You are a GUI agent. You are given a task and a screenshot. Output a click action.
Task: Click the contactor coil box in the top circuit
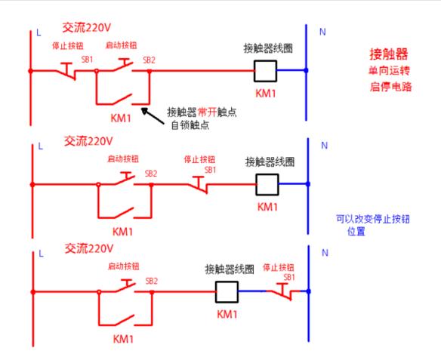pos(265,71)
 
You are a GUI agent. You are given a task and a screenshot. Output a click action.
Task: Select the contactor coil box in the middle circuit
pos(267,183)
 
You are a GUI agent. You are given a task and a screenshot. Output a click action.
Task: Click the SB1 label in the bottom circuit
pos(288,277)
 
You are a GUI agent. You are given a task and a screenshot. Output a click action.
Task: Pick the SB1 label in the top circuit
pos(87,58)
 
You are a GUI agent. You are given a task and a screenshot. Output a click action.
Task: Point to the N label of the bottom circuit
pos(325,253)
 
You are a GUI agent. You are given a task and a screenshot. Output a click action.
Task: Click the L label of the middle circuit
pos(40,144)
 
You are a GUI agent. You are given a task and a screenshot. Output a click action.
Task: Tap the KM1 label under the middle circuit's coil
pos(268,206)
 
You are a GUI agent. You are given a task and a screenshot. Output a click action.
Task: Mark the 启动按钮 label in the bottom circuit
pos(123,266)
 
